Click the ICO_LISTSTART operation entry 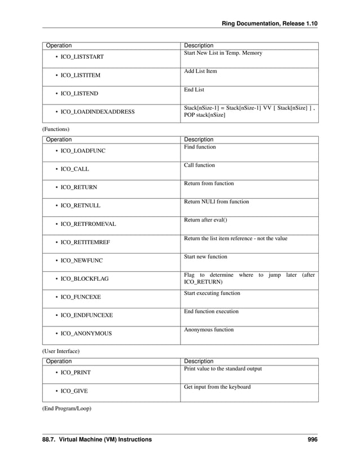pyautogui.click(x=86, y=57)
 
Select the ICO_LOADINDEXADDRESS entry pyautogui.click(x=98, y=112)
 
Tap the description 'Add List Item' pyautogui.click(x=200, y=71)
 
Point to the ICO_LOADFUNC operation pyautogui.click(x=83, y=151)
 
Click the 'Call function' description pyautogui.click(x=199, y=165)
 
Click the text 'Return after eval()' pyautogui.click(x=201, y=220)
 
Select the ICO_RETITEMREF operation pyautogui.click(x=85, y=242)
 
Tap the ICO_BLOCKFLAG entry pyautogui.click(x=85, y=278)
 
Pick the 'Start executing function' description pyautogui.click(x=212, y=293)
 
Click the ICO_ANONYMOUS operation pyautogui.click(x=86, y=333)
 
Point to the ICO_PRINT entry pyautogui.click(x=76, y=372)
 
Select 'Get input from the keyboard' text pyautogui.click(x=217, y=386)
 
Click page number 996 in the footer pyautogui.click(x=313, y=439)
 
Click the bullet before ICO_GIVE pyautogui.click(x=56, y=391)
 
